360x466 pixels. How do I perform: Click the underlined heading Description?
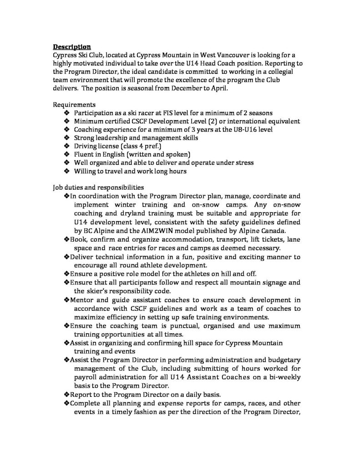pyautogui.click(x=71, y=46)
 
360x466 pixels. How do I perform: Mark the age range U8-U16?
pyautogui.click(x=216, y=129)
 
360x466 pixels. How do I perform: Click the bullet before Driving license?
pyautogui.click(x=66, y=146)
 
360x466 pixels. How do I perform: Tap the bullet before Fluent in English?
pyautogui.click(x=66, y=154)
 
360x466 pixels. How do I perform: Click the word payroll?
pyautogui.click(x=86, y=377)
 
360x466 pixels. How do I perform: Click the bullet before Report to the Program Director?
pyautogui.click(x=66, y=394)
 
